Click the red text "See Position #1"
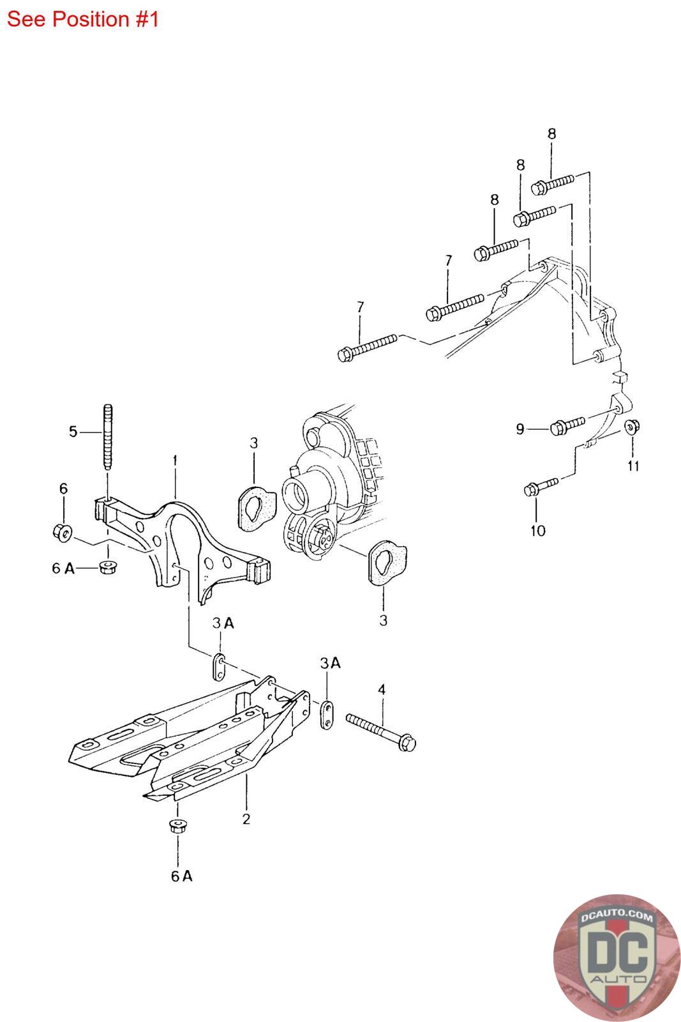(x=82, y=19)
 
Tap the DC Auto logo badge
(x=617, y=957)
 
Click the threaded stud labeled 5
(x=108, y=437)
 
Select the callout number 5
(x=73, y=432)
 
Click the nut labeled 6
(x=62, y=533)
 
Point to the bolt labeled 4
(x=380, y=732)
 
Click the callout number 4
(x=382, y=689)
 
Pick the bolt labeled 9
(x=567, y=425)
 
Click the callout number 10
(x=538, y=531)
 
